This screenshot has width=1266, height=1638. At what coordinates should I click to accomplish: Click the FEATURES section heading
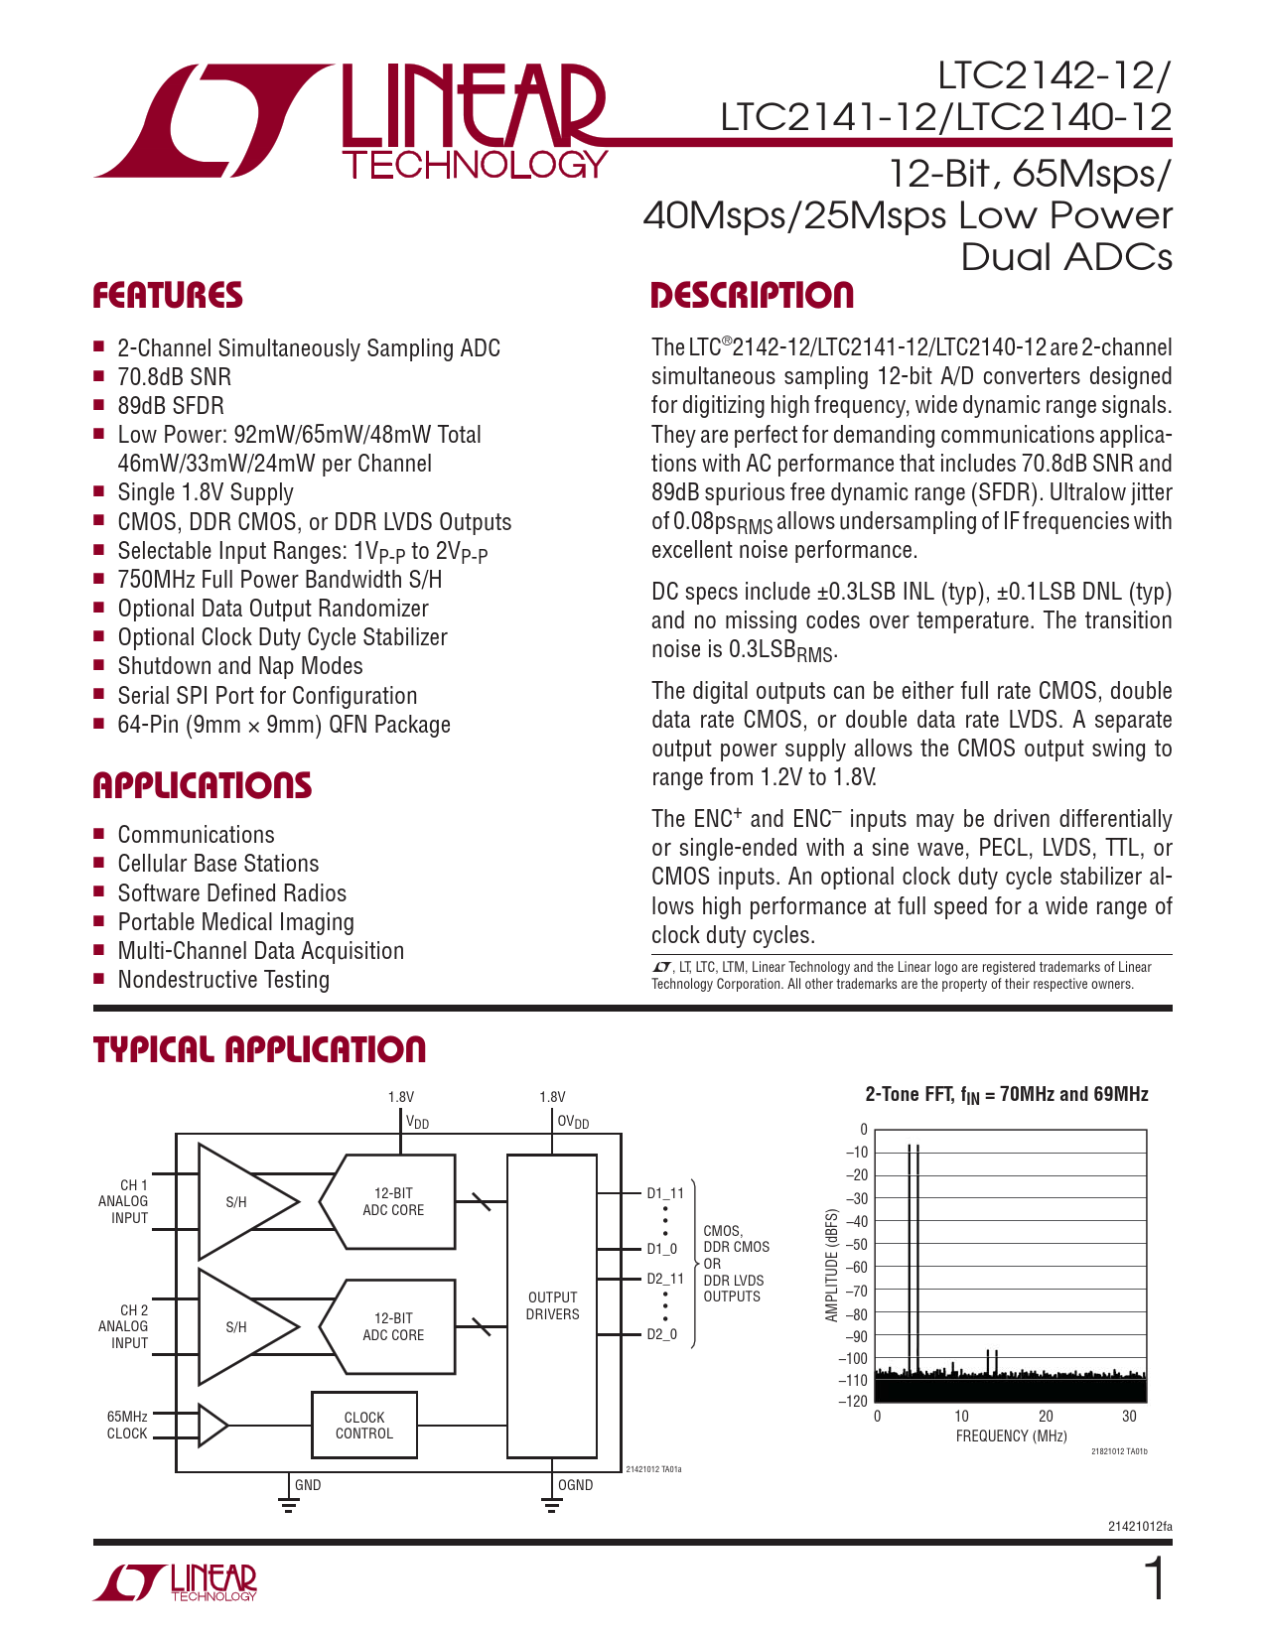167,296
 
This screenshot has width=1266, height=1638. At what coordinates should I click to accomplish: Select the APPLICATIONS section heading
202,785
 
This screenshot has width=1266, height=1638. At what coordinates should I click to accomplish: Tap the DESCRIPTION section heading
752,296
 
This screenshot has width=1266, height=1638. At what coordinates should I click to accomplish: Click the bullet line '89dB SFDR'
171,406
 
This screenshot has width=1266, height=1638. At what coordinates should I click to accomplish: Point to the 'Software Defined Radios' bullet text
232,893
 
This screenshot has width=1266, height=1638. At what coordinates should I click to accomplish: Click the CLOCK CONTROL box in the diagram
364,1426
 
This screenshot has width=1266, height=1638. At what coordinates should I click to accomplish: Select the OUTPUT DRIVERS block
552,1305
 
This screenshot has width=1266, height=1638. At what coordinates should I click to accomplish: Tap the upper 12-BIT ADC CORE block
392,1201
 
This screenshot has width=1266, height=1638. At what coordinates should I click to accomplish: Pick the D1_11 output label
665,1193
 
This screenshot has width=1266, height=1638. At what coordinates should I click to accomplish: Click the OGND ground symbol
552,1505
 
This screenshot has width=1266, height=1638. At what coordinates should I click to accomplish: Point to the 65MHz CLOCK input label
127,1426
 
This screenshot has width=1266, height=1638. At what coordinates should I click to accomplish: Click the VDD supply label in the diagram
417,1123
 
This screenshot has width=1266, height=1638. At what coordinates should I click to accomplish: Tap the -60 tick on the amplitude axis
855,1268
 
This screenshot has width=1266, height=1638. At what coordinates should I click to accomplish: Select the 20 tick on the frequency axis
1046,1417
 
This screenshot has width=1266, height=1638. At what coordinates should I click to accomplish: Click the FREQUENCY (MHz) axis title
1011,1436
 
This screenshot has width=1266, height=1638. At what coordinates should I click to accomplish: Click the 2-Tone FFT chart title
1007,1095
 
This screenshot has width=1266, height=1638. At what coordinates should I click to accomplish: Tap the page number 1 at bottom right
1154,1579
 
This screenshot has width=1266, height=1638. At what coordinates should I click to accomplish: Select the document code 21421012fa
1139,1527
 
